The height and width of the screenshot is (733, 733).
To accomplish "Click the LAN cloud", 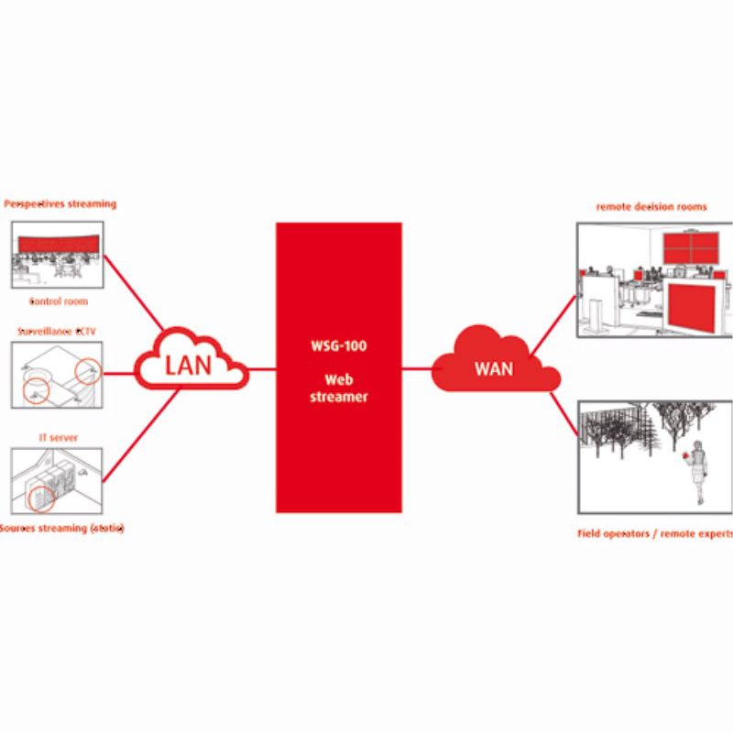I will [x=189, y=365].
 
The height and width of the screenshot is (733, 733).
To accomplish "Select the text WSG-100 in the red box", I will [x=339, y=348].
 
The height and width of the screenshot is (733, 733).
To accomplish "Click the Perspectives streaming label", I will [x=60, y=203].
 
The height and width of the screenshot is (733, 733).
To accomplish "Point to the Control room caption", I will [x=59, y=301].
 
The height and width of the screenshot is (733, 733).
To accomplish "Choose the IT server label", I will [x=58, y=438].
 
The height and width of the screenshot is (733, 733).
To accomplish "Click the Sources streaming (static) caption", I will [x=62, y=529].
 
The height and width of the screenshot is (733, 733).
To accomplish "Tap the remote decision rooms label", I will [x=651, y=207].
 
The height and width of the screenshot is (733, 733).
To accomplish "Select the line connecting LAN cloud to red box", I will [x=262, y=369].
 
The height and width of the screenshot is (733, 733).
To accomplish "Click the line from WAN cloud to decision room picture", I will [x=554, y=321].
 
